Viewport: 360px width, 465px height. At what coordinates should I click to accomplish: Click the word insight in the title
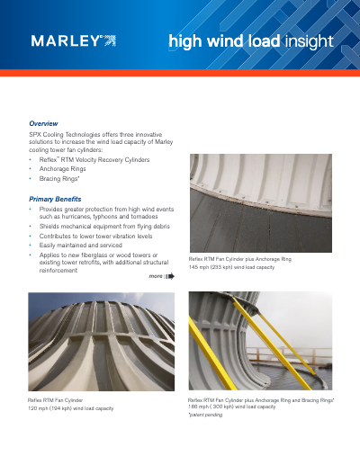pos(309,41)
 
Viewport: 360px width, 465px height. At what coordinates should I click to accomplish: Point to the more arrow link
pos(161,278)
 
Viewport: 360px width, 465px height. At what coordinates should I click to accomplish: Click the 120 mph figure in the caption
pos(40,408)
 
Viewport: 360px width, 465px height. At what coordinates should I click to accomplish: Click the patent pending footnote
pos(205,416)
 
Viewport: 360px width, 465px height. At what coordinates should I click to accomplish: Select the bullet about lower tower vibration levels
pos(91,236)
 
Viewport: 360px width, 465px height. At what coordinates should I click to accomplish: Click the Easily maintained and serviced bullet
pos(80,245)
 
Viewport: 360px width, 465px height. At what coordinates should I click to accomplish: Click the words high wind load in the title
pos(224,41)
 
